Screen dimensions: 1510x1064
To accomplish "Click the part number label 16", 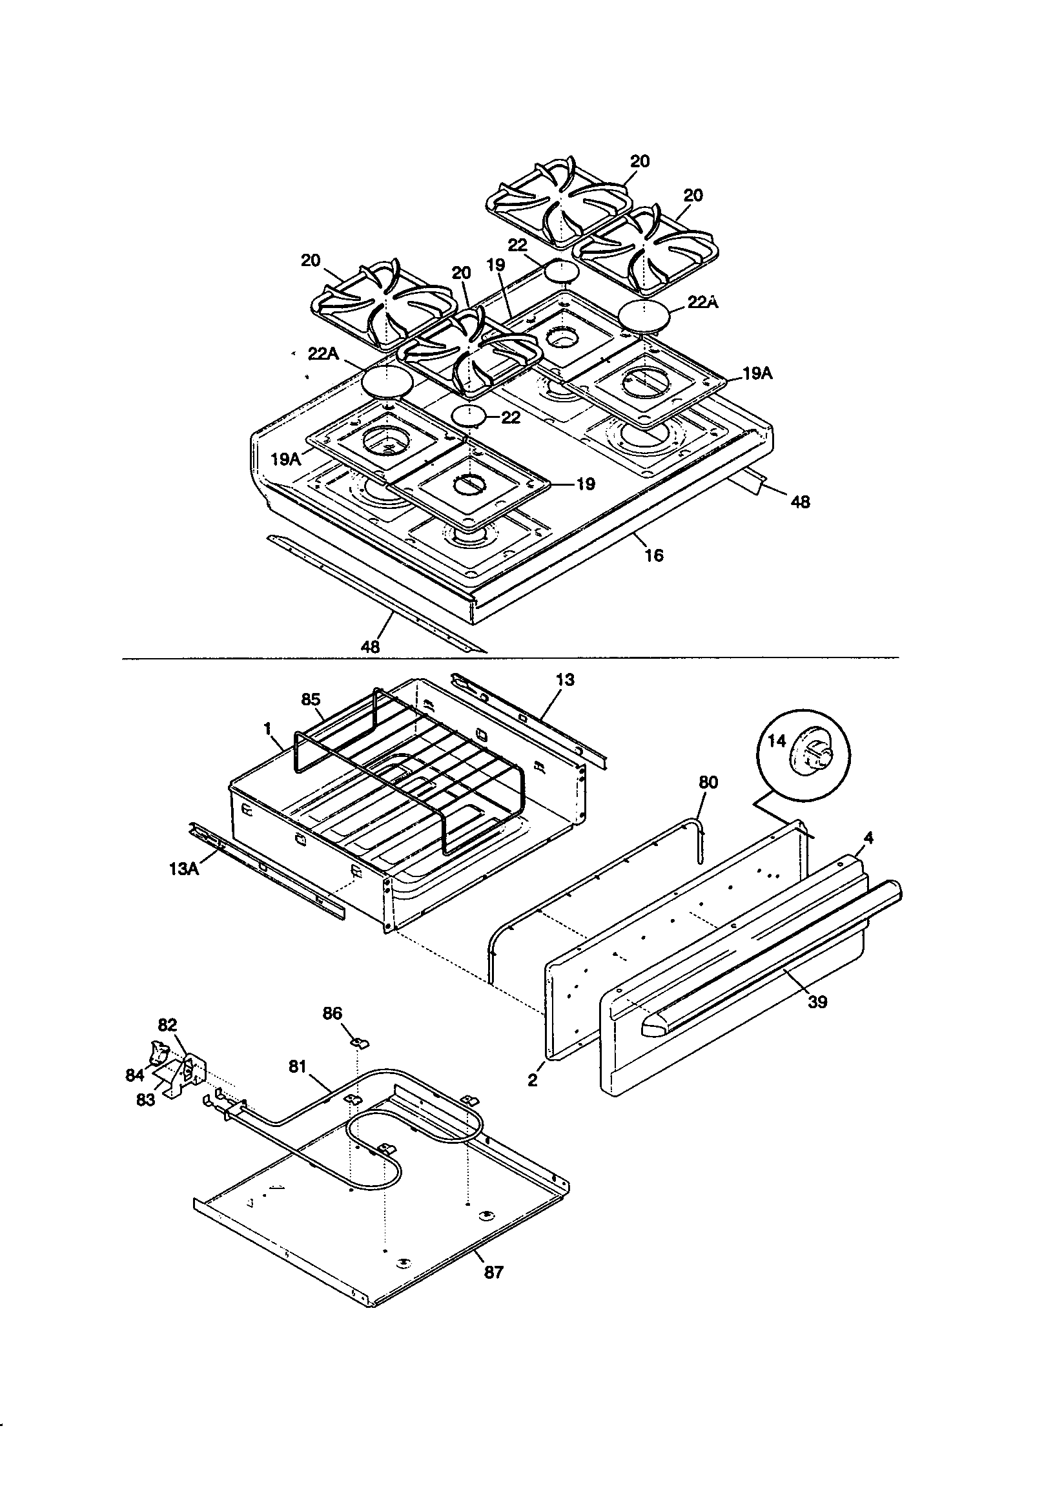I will (653, 555).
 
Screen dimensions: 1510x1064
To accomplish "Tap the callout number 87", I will (493, 1272).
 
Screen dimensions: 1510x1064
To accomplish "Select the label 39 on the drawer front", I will (817, 1002).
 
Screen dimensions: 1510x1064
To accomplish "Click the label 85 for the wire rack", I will (311, 699).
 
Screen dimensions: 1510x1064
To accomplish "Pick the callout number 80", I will (708, 782).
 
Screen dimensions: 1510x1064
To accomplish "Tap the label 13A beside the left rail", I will (183, 869).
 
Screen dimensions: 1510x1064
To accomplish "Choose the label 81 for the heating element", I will (298, 1066).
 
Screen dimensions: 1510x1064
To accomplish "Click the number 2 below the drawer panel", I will (532, 1080).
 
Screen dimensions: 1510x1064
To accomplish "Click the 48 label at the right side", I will (800, 502).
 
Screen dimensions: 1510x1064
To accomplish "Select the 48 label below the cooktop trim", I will (370, 646).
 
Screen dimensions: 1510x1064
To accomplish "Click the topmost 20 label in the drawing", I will (639, 161).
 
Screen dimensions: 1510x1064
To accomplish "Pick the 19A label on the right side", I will (757, 373).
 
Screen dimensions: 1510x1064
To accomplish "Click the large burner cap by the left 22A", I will (388, 381).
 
